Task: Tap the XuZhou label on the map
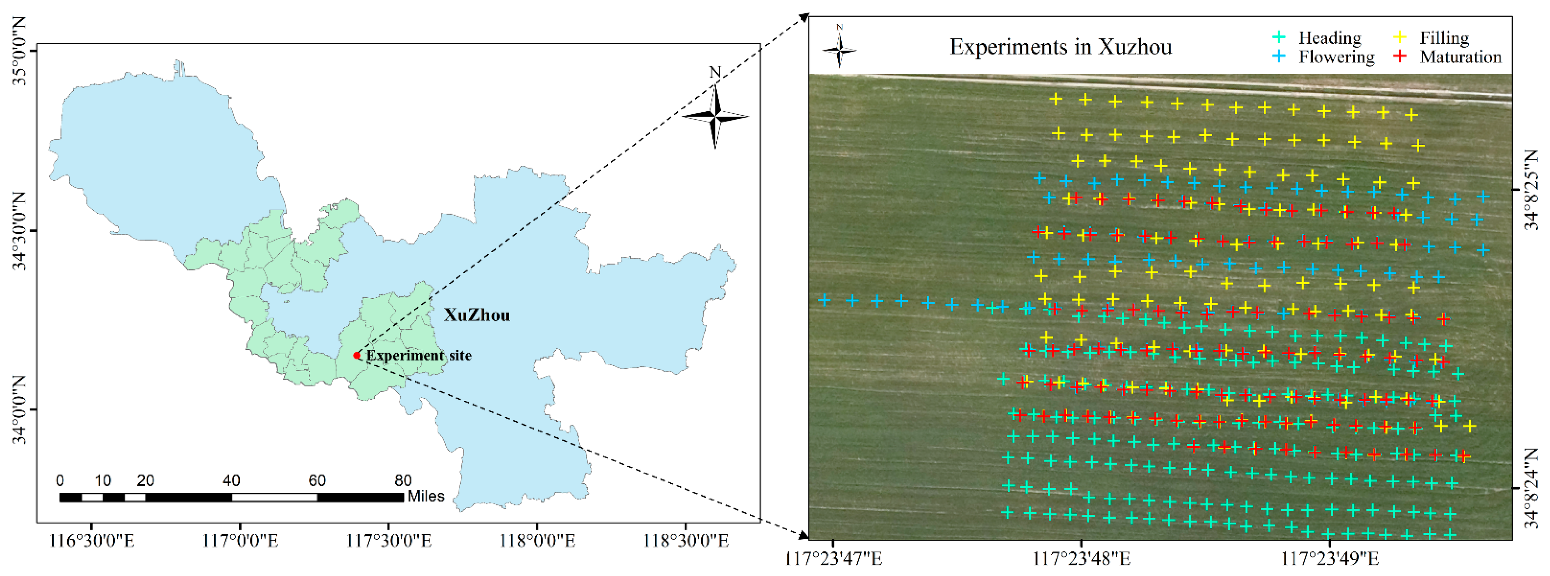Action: [x=476, y=315]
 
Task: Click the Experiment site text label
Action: [x=419, y=355]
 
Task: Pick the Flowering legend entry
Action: [x=1336, y=57]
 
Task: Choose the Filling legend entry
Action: [x=1444, y=38]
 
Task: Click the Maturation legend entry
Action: [x=1460, y=57]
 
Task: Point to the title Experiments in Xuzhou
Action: [x=1060, y=47]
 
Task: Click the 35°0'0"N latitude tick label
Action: [x=19, y=51]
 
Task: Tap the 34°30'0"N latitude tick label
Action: [x=19, y=231]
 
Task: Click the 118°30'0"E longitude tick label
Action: [x=686, y=541]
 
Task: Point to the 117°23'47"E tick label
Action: [x=834, y=559]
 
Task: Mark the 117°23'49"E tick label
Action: [x=1330, y=559]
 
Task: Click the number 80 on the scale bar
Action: [x=403, y=480]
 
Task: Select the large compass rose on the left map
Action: [x=715, y=116]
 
